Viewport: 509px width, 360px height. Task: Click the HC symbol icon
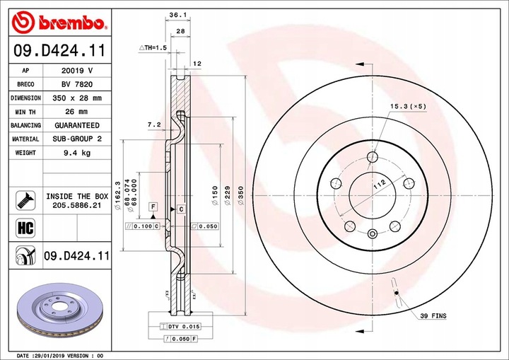pyautogui.click(x=24, y=227)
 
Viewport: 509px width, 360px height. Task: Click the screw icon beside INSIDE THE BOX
pyautogui.click(x=24, y=200)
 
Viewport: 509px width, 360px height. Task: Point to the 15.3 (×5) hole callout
pyautogui.click(x=408, y=106)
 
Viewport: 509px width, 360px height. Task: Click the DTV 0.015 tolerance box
pyautogui.click(x=183, y=325)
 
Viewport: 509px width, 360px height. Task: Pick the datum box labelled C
pyautogui.click(x=181, y=209)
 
